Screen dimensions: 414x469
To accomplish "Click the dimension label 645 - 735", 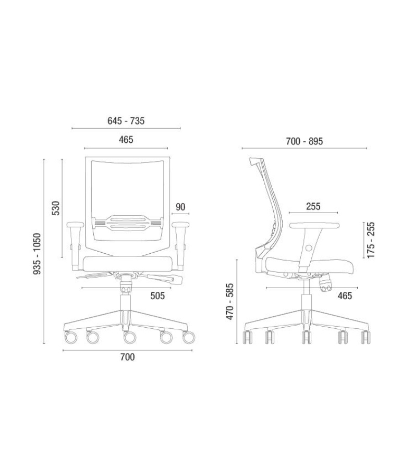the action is pyautogui.click(x=126, y=121).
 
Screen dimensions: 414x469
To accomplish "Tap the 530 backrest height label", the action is pyautogui.click(x=56, y=208).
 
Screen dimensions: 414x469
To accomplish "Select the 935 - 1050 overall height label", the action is pyautogui.click(x=37, y=254).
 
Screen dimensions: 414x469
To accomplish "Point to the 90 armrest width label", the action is pyautogui.click(x=180, y=207).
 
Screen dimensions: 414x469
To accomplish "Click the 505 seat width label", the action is pyautogui.click(x=157, y=296).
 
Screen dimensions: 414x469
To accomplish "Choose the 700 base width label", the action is pyautogui.click(x=128, y=357).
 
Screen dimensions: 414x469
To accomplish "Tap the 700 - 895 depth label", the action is pyautogui.click(x=304, y=141).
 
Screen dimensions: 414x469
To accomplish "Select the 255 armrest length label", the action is pyautogui.click(x=313, y=206).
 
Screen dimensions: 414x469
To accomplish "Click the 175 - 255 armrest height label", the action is pyautogui.click(x=371, y=240).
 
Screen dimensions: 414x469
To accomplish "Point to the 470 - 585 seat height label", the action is pyautogui.click(x=229, y=302).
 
